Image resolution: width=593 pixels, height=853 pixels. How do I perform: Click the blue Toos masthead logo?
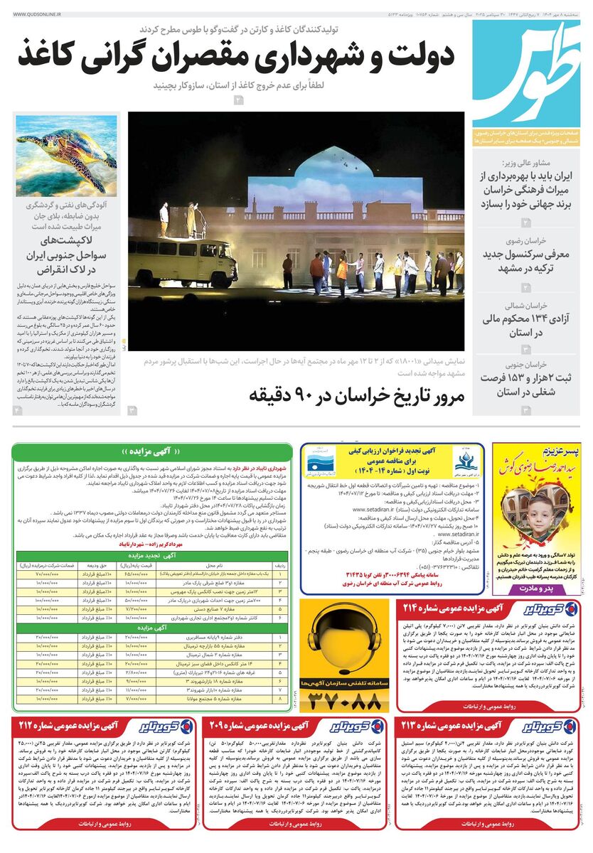click(526, 71)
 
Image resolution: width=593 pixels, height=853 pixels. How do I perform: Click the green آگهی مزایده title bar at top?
click(153, 451)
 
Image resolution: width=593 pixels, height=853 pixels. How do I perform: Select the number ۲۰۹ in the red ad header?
click(229, 726)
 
